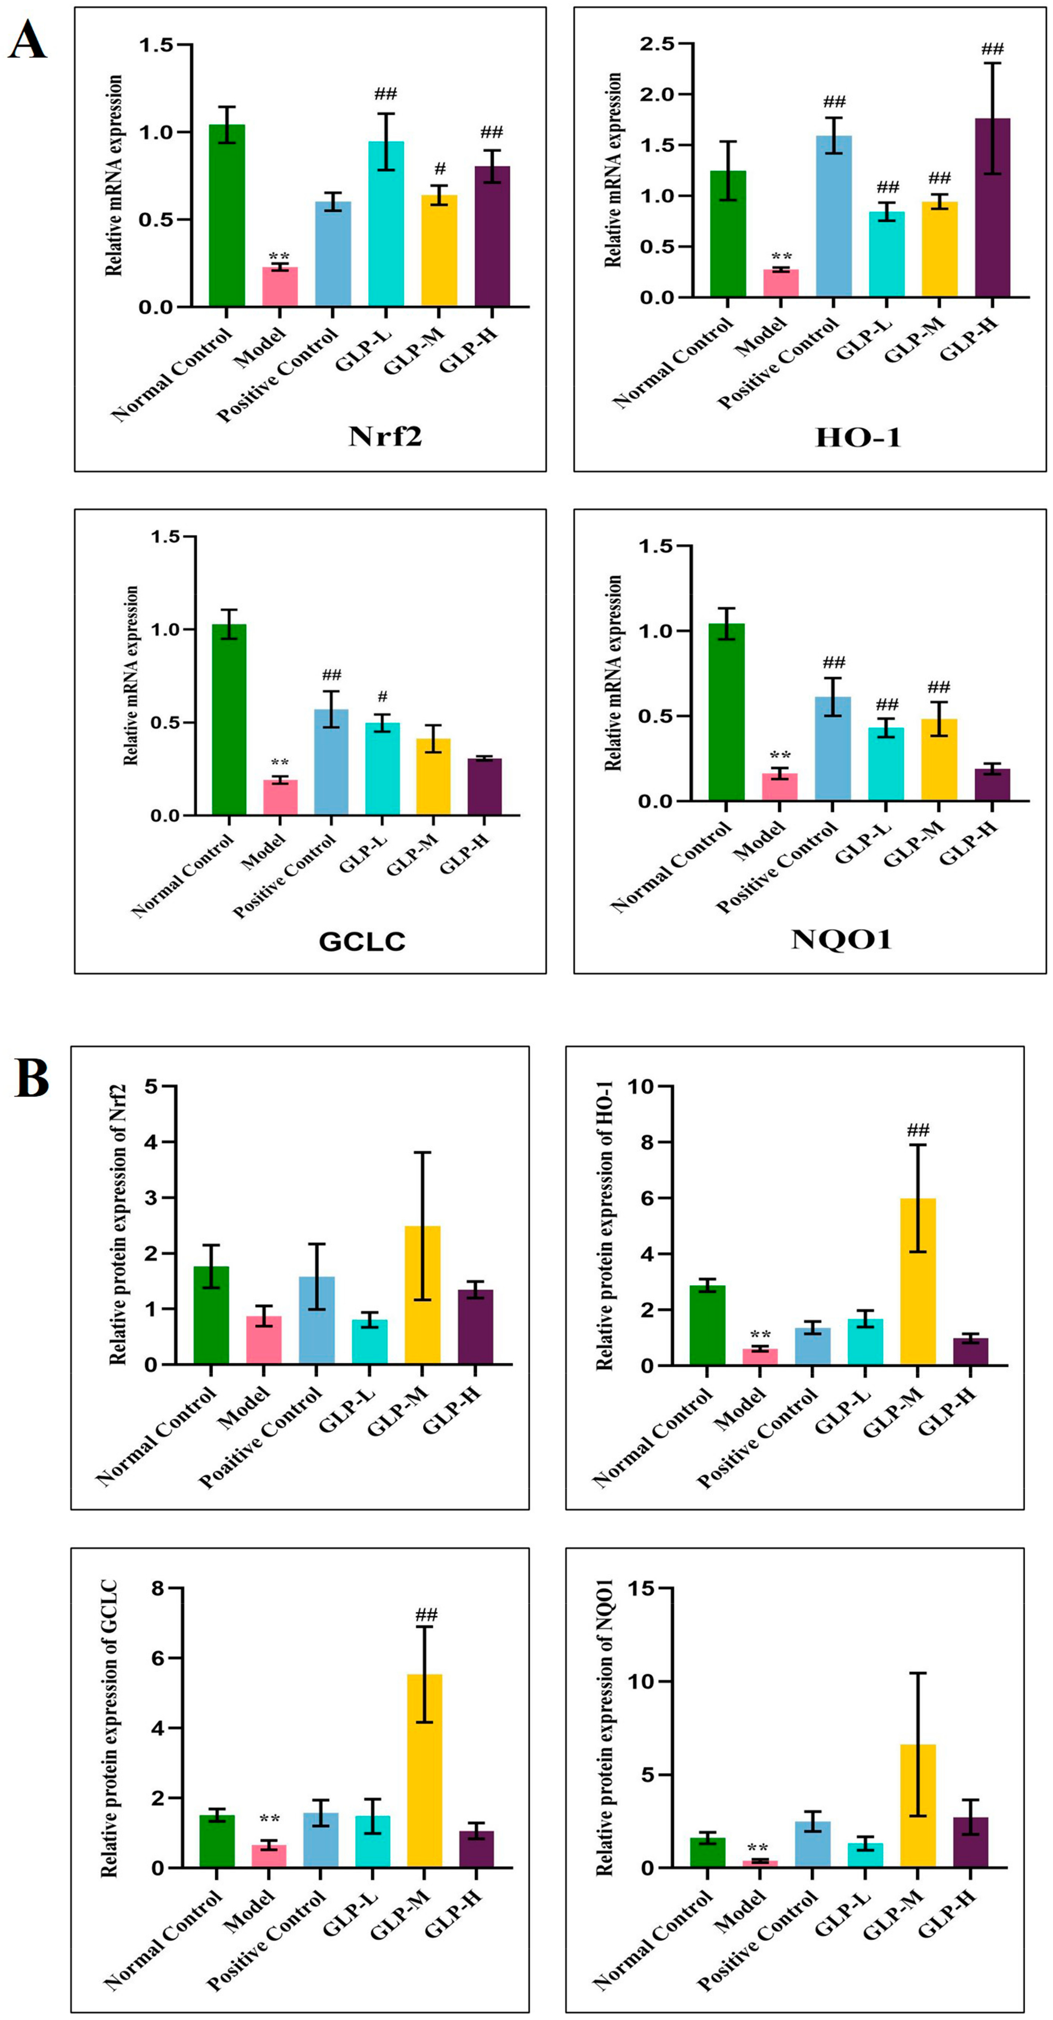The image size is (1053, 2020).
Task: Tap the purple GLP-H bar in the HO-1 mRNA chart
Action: click(992, 208)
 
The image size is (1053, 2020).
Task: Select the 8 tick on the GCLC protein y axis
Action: click(158, 1588)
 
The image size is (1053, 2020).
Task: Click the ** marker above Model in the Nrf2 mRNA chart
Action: click(279, 256)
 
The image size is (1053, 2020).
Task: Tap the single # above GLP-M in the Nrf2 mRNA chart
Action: click(440, 169)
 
